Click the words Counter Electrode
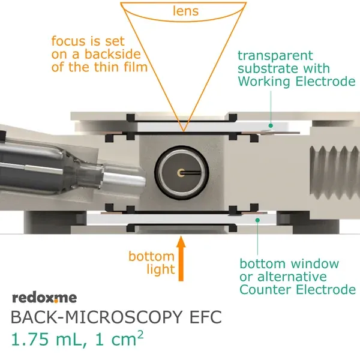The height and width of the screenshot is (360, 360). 297,290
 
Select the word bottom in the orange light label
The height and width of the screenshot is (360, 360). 145,257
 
